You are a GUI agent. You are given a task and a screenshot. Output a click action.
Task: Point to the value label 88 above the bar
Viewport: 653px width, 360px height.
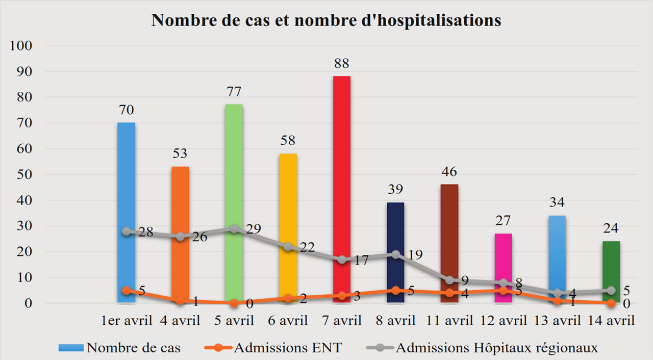(341, 64)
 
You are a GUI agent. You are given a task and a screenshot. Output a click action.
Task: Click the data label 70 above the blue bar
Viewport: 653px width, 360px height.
(126, 110)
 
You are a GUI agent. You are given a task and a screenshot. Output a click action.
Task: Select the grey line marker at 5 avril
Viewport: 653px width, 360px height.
(234, 228)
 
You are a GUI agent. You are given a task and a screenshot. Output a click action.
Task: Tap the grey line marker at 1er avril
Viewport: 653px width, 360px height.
(126, 231)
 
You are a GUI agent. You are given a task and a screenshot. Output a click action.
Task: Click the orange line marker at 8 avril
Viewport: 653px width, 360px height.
(395, 290)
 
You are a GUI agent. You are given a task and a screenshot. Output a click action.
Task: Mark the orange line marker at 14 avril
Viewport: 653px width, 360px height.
(611, 303)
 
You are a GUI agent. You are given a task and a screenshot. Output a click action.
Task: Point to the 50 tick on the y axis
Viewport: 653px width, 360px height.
(24, 174)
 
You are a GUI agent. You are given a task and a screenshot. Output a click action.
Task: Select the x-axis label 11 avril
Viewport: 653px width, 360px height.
(449, 321)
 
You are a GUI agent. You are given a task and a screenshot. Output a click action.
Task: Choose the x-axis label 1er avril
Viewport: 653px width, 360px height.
(126, 321)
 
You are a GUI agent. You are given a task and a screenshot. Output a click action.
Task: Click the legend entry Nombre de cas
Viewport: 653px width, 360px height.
(133, 348)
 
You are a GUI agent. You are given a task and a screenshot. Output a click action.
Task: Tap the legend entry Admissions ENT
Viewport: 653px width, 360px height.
(288, 348)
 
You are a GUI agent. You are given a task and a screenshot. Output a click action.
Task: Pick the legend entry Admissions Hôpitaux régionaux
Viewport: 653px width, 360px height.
(496, 348)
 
